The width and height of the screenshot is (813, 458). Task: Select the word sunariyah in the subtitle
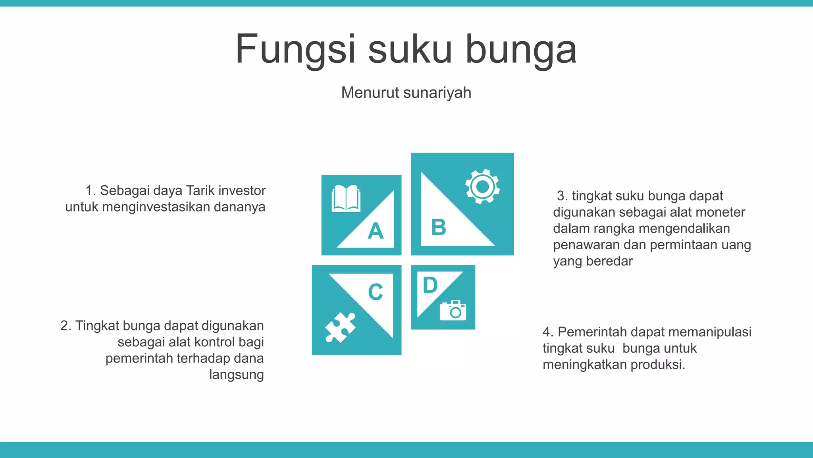click(437, 93)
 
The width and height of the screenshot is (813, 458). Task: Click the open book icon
click(346, 198)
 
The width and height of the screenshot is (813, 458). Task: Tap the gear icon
click(482, 186)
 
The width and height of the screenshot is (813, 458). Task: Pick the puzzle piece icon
click(340, 327)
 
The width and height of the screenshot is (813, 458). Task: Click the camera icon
click(453, 311)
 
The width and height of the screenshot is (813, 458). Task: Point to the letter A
click(376, 231)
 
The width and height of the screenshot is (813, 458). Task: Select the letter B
click(439, 227)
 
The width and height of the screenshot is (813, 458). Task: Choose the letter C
click(376, 292)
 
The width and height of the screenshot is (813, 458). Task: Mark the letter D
click(430, 285)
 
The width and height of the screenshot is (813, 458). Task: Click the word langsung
click(236, 375)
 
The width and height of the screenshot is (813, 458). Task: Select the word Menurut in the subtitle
click(370, 93)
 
